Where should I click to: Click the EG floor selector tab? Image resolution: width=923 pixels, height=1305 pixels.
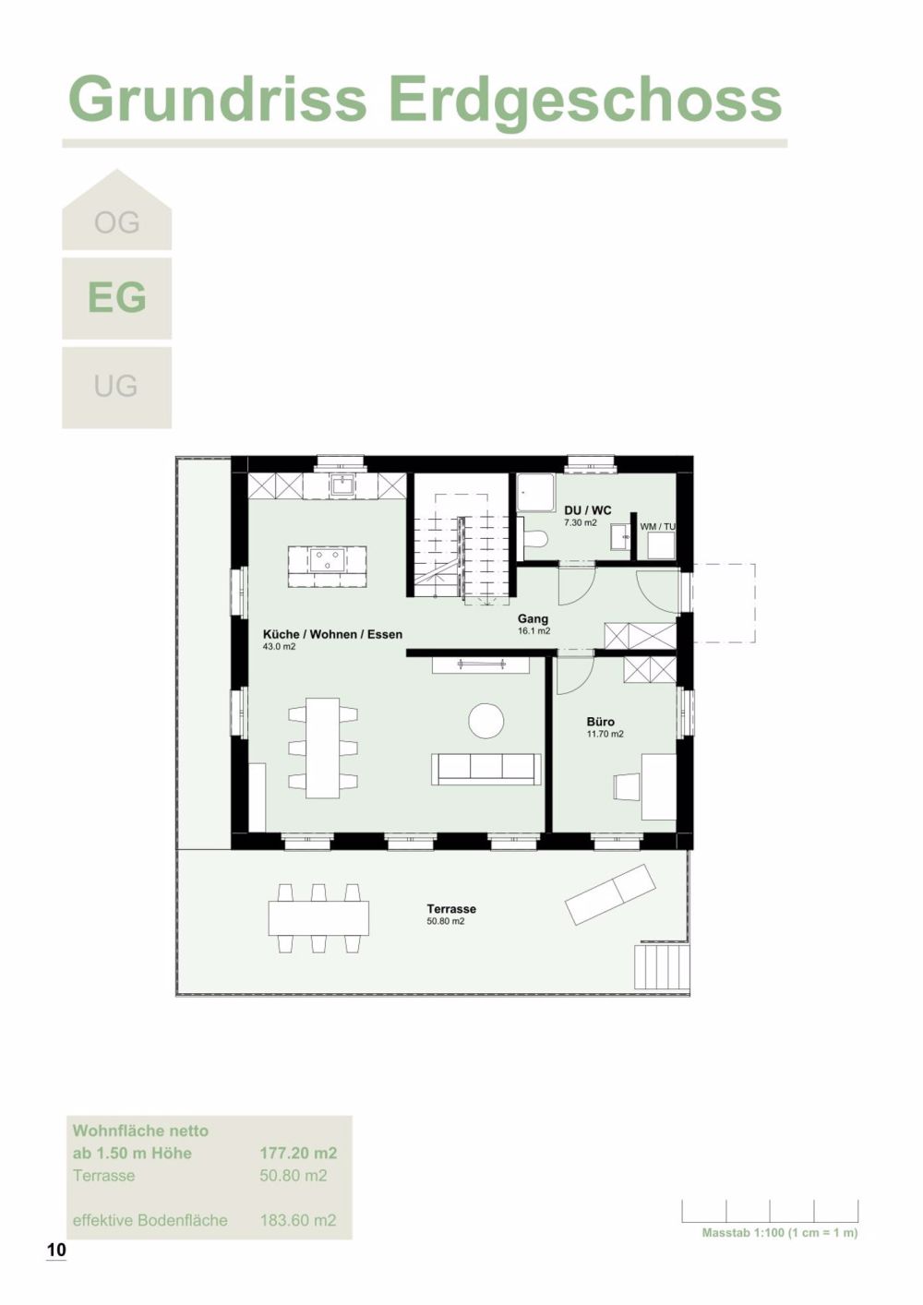[x=116, y=298]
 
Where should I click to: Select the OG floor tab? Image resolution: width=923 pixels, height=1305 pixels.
[x=116, y=222]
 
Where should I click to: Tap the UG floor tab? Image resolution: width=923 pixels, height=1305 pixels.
[x=116, y=386]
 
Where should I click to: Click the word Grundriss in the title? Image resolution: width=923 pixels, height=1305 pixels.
[x=218, y=99]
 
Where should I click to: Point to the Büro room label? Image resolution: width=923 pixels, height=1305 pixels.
[x=600, y=722]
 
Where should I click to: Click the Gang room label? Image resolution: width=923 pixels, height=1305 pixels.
[x=533, y=619]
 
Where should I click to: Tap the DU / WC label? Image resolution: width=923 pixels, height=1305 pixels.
[x=587, y=510]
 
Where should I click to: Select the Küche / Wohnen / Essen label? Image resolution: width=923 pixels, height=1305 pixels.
[x=332, y=635]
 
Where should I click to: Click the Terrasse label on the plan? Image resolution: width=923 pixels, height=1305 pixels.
[x=451, y=909]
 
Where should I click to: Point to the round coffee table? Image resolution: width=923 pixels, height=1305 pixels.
[x=486, y=721]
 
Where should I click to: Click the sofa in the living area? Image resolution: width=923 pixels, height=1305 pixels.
[x=486, y=768]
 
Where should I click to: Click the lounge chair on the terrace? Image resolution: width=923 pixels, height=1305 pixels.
[x=611, y=893]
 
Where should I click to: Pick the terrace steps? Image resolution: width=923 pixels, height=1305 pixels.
[x=661, y=967]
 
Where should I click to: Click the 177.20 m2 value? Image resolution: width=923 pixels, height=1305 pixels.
[x=298, y=1153]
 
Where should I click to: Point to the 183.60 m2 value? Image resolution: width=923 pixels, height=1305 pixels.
[x=298, y=1220]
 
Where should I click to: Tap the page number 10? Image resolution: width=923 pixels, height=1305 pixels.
[x=56, y=1251]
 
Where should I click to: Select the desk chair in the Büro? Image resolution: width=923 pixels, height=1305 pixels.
[x=626, y=786]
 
